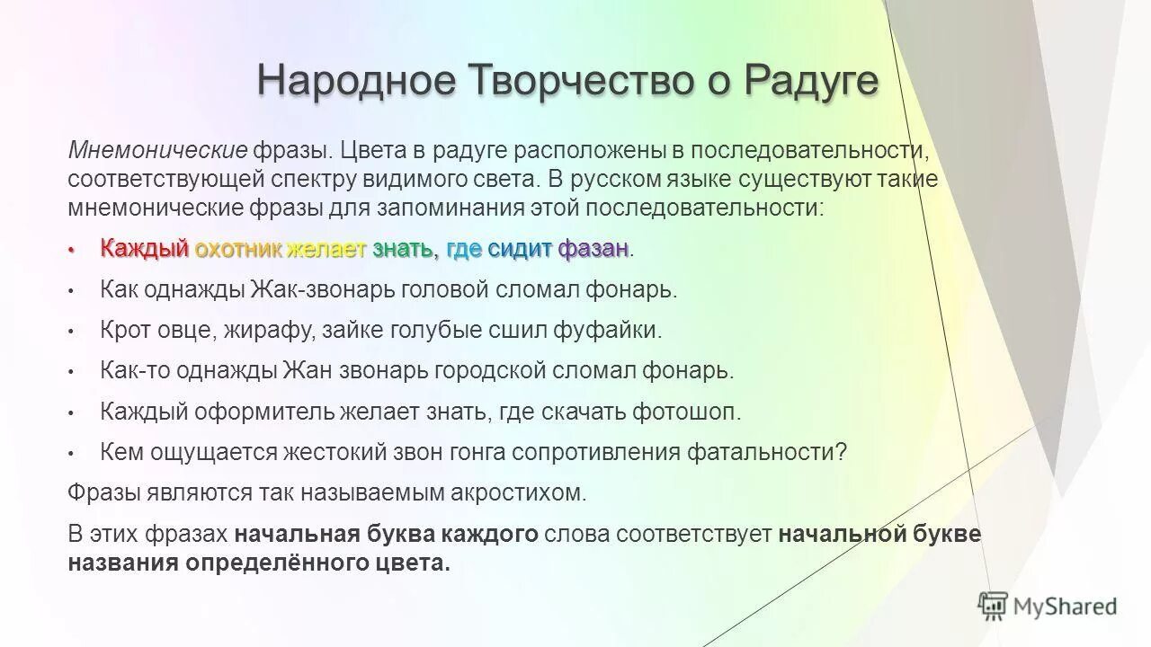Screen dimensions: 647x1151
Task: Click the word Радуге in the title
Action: pyautogui.click(x=808, y=80)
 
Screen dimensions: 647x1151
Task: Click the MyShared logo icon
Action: pyautogui.click(x=993, y=607)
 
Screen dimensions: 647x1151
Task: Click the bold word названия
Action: pyautogui.click(x=123, y=563)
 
